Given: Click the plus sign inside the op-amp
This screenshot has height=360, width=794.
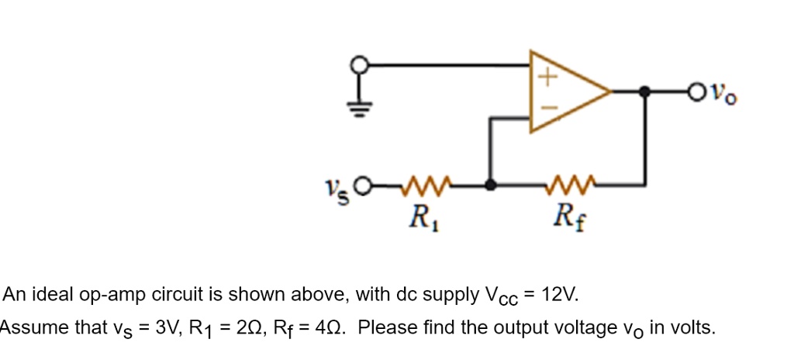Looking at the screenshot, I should (548, 77).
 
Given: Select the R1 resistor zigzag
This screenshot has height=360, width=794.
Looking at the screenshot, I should (423, 185).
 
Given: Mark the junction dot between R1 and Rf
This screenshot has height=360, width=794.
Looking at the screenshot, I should (489, 185).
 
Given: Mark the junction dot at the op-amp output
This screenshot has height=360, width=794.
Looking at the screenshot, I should (644, 92).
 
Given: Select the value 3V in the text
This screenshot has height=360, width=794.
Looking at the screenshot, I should (168, 327).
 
